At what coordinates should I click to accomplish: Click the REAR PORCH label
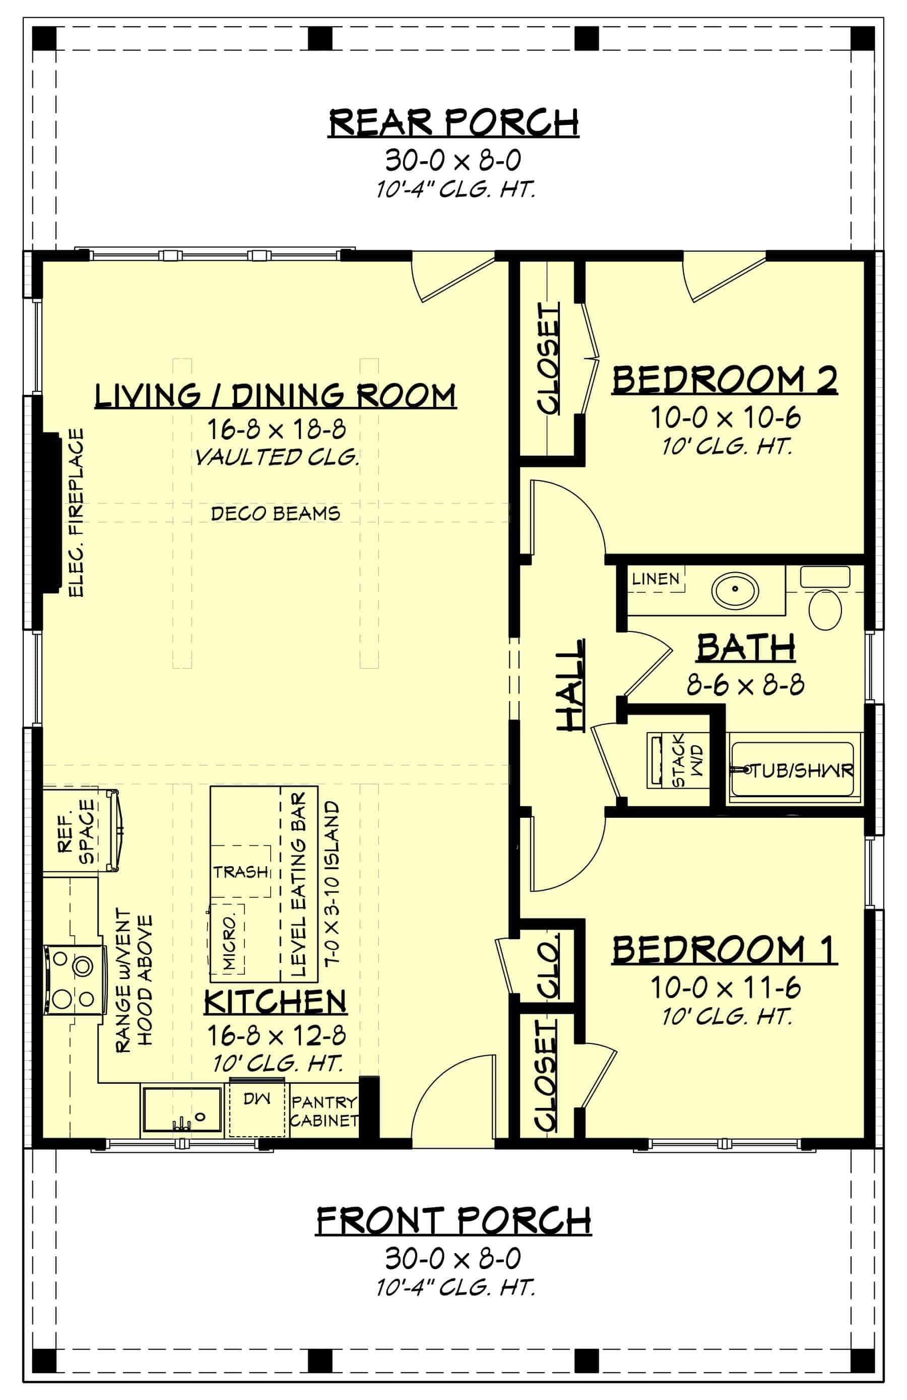click(452, 123)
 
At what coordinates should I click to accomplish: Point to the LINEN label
click(655, 579)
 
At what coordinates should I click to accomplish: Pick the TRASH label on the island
click(240, 871)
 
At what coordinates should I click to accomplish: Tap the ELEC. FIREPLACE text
click(77, 512)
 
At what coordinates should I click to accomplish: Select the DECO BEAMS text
click(276, 514)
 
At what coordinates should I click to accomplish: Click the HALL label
click(570, 685)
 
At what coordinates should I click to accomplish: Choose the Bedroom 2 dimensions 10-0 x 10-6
click(725, 418)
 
